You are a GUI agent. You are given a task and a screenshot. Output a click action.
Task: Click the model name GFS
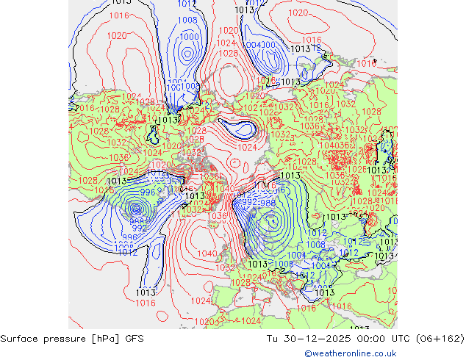point(135,339)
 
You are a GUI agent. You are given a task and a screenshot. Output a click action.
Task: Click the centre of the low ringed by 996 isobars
point(136,209)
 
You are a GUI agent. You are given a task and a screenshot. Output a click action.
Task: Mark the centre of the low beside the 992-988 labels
point(272,219)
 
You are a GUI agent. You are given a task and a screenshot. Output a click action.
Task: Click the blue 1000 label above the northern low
point(189,36)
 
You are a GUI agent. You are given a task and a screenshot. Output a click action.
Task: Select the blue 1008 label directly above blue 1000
point(187,21)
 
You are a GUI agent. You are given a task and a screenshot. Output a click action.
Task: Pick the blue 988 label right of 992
point(268,202)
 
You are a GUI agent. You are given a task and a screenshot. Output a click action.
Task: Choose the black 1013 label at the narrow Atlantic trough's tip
point(146,292)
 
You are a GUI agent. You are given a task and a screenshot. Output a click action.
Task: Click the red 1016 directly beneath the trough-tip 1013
point(146,303)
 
